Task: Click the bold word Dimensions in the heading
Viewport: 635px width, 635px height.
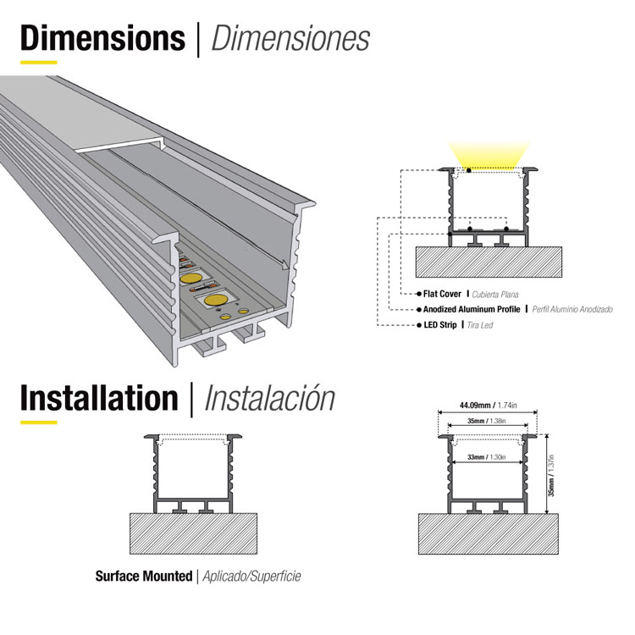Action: [x=102, y=38]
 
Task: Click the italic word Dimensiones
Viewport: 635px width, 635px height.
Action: [x=290, y=38]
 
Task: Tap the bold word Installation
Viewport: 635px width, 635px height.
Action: [x=99, y=397]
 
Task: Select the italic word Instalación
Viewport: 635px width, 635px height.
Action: [x=270, y=397]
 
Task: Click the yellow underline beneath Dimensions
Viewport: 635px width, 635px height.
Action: [x=38, y=62]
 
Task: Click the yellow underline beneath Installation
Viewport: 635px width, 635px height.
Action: [x=38, y=421]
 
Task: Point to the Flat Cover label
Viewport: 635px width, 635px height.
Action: [x=442, y=294]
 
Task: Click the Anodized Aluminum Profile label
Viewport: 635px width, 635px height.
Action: [x=472, y=309]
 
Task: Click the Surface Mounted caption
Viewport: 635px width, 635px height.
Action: [x=143, y=577]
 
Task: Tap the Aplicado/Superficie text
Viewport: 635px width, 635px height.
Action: [x=251, y=577]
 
